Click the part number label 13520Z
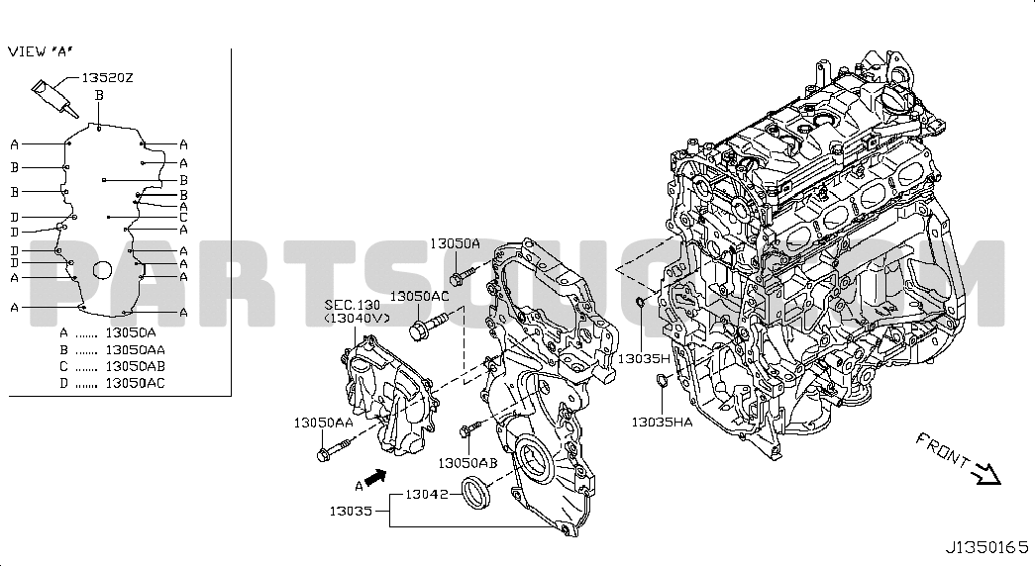pos(107,78)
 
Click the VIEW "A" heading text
pos(41,51)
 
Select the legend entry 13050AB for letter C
pos(136,366)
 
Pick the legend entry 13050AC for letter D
pos(136,383)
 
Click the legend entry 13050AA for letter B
pos(136,349)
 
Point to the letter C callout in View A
pos(183,217)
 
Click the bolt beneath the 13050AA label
pos(334,451)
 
